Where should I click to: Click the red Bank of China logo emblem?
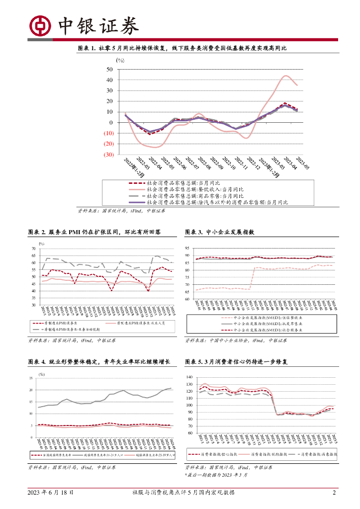click(40, 24)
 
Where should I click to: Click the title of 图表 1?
click(182, 48)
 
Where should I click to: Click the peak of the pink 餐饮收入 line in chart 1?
click(286, 76)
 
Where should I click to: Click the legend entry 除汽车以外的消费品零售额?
click(214, 202)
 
